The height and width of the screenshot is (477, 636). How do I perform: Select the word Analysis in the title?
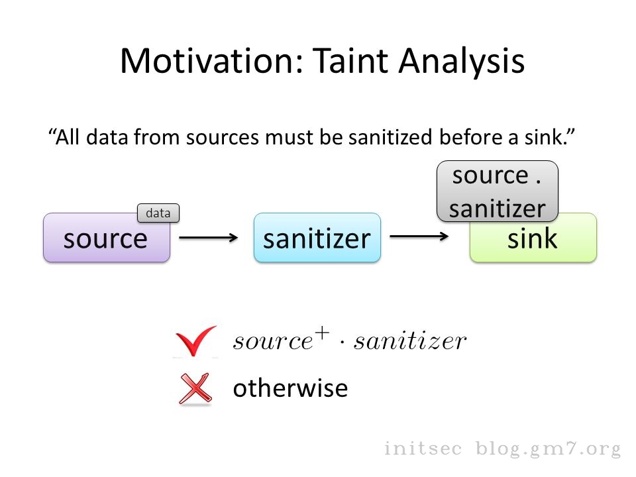point(462,62)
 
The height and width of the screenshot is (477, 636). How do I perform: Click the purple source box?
point(106,238)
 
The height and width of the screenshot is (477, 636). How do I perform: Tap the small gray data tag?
point(158,213)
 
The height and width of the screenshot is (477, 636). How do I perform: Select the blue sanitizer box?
point(317,238)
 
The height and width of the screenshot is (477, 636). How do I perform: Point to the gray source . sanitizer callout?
point(498,191)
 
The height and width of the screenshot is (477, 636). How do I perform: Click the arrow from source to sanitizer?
point(209,237)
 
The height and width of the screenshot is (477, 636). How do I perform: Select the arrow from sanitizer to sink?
point(419,236)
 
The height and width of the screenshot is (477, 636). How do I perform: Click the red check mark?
point(195,341)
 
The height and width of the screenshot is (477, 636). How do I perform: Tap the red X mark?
point(195,389)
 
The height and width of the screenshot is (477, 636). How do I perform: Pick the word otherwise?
point(290,388)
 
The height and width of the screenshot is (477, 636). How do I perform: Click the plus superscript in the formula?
point(322,333)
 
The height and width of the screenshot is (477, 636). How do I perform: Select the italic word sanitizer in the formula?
point(410,341)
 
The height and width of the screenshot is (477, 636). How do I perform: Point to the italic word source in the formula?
point(273,342)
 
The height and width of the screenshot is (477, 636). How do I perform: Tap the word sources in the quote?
point(223,137)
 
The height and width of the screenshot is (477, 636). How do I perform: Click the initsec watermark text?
point(423,449)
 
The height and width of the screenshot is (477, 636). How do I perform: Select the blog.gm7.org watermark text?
point(548,449)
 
